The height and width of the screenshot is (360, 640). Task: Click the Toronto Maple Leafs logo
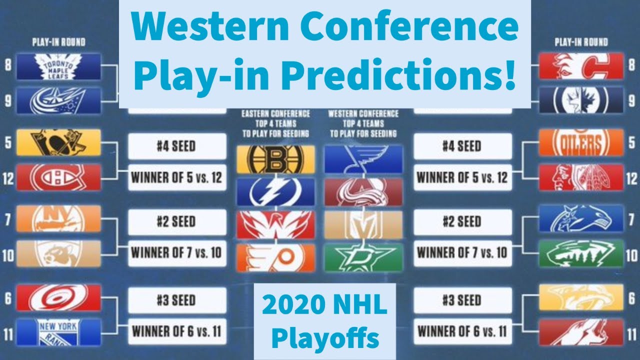click(58, 67)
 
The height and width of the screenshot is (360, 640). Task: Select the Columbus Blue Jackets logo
click(58, 100)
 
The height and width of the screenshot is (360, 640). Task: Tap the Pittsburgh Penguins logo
click(58, 142)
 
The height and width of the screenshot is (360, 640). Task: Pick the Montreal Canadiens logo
click(58, 177)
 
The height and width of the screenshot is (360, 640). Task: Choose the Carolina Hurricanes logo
click(58, 297)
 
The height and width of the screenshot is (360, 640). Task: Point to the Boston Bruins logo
click(276, 159)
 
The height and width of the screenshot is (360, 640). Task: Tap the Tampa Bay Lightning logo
click(276, 192)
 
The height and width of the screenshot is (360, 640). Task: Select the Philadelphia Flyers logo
click(276, 258)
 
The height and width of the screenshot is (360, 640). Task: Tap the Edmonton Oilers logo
click(581, 142)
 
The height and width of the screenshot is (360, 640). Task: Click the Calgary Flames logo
click(581, 67)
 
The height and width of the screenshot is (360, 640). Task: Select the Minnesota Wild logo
click(581, 253)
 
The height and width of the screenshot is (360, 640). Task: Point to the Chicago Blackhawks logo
click(581, 177)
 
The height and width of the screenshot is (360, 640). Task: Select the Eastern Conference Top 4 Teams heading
click(276, 123)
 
